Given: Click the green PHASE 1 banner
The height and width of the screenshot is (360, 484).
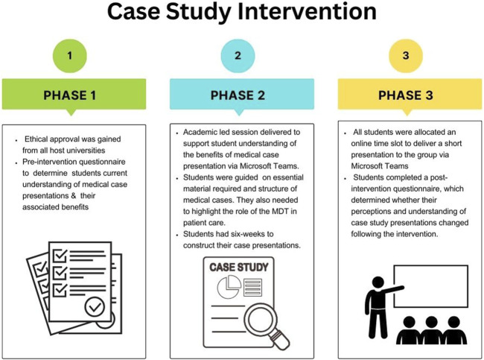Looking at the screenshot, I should [x=71, y=95].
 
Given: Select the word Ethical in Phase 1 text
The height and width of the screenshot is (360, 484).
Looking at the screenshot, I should [x=43, y=139].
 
